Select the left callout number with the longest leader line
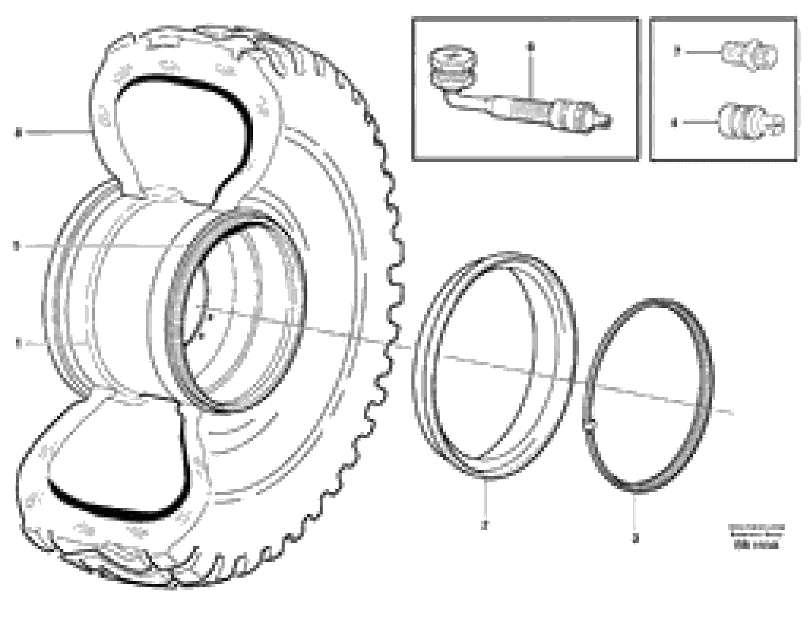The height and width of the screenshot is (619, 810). [x=15, y=246]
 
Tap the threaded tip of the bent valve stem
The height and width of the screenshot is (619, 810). [x=606, y=120]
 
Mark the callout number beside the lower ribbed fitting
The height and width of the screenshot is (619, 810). [x=674, y=122]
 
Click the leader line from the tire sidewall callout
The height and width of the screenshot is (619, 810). [x=55, y=132]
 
